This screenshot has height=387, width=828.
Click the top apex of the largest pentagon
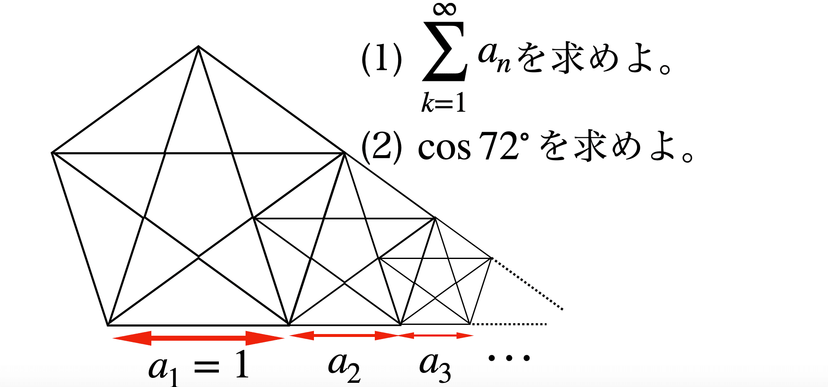click(x=198, y=46)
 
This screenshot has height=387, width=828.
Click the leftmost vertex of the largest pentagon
click(x=52, y=153)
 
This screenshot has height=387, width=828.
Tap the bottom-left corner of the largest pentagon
click(x=108, y=325)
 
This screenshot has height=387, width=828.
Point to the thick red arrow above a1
click(x=198, y=338)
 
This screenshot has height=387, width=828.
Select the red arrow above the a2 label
click(x=344, y=335)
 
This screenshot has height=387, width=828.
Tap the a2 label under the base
click(x=344, y=367)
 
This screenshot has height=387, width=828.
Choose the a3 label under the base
click(x=435, y=367)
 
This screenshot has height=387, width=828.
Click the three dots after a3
click(x=509, y=358)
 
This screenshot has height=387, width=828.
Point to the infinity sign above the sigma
click(x=445, y=9)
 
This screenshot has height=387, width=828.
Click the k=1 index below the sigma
click(x=444, y=103)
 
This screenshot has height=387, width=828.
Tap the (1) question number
click(x=381, y=60)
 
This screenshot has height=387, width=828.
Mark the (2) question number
click(x=381, y=147)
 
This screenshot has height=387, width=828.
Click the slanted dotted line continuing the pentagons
click(x=528, y=284)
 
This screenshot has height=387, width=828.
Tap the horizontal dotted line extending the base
click(x=509, y=324)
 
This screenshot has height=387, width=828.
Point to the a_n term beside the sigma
click(x=495, y=58)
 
